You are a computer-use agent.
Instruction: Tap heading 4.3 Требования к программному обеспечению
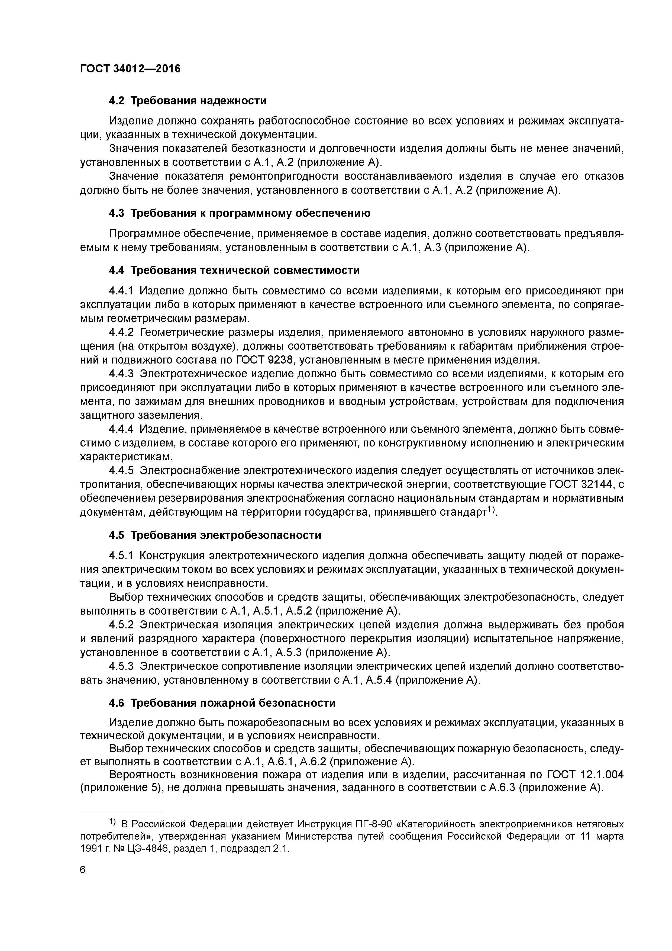click(239, 213)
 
